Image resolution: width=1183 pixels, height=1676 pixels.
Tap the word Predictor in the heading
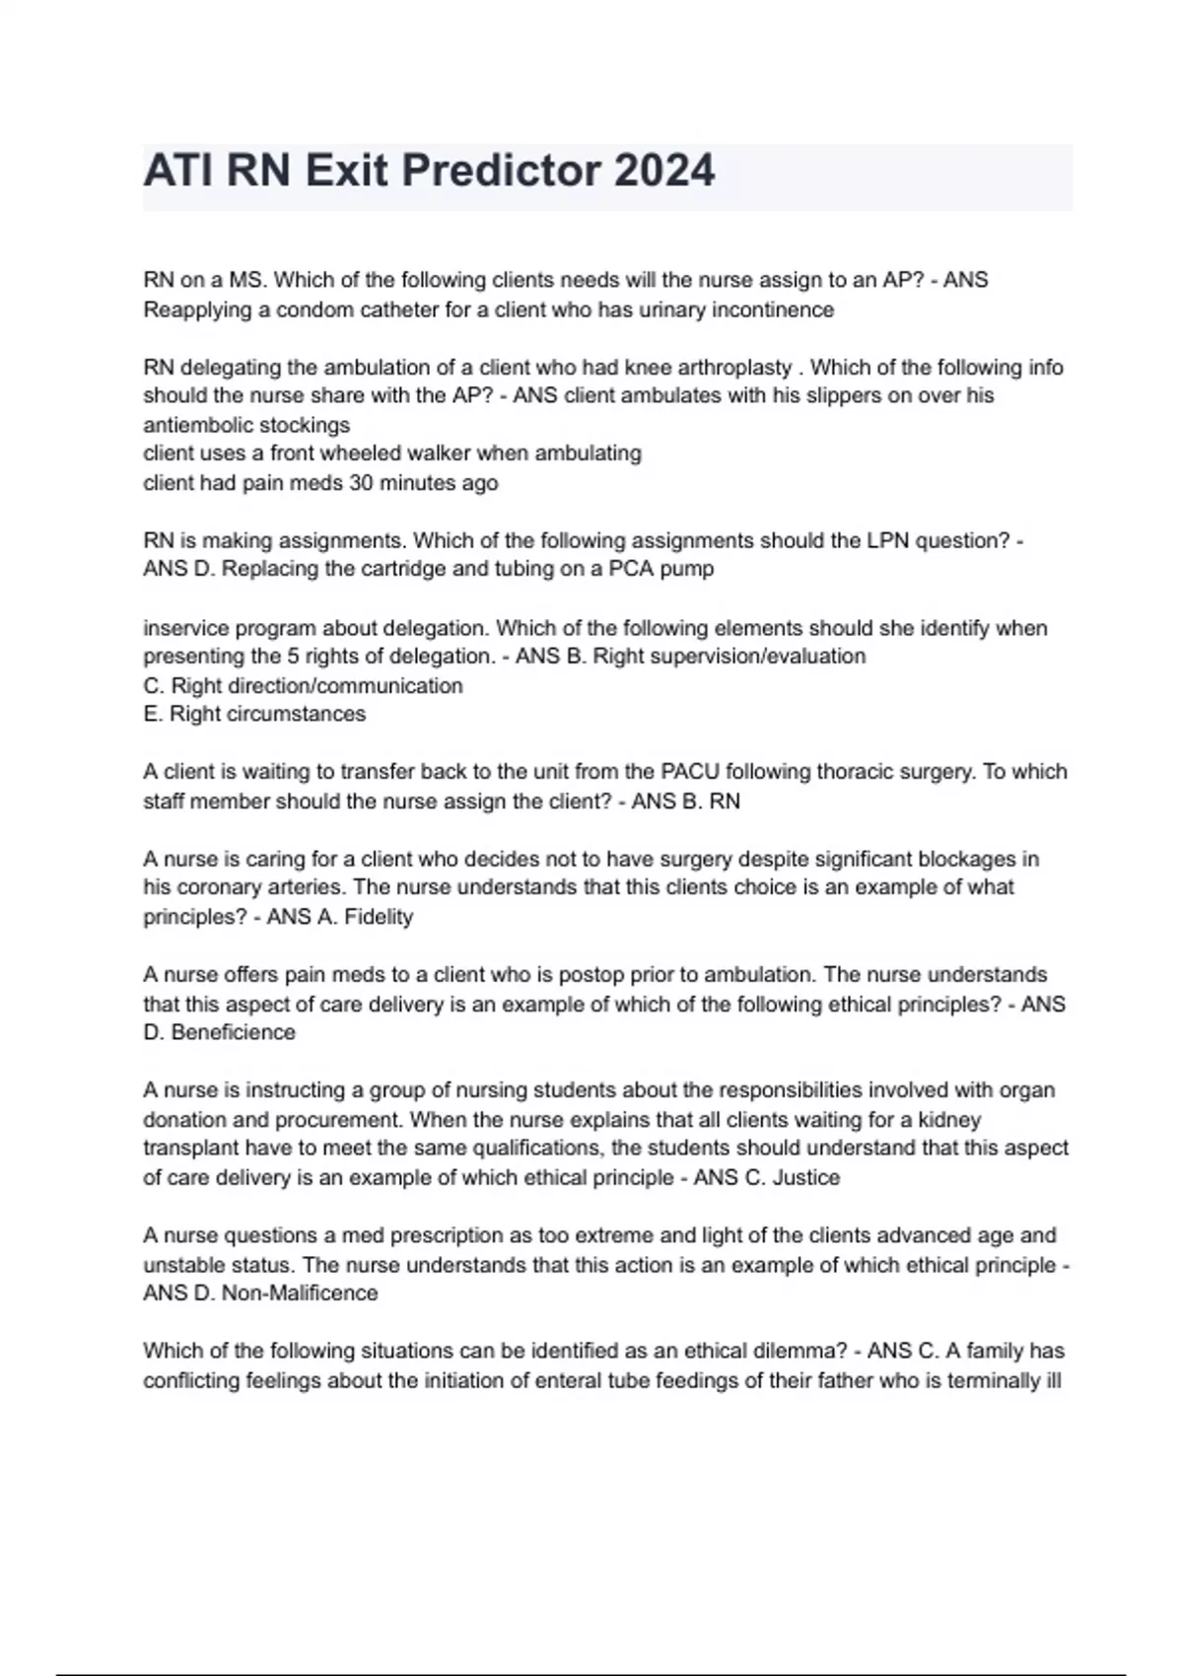click(502, 172)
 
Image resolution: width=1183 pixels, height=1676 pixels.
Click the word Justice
click(806, 1177)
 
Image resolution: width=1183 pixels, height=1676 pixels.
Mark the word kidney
click(949, 1120)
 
